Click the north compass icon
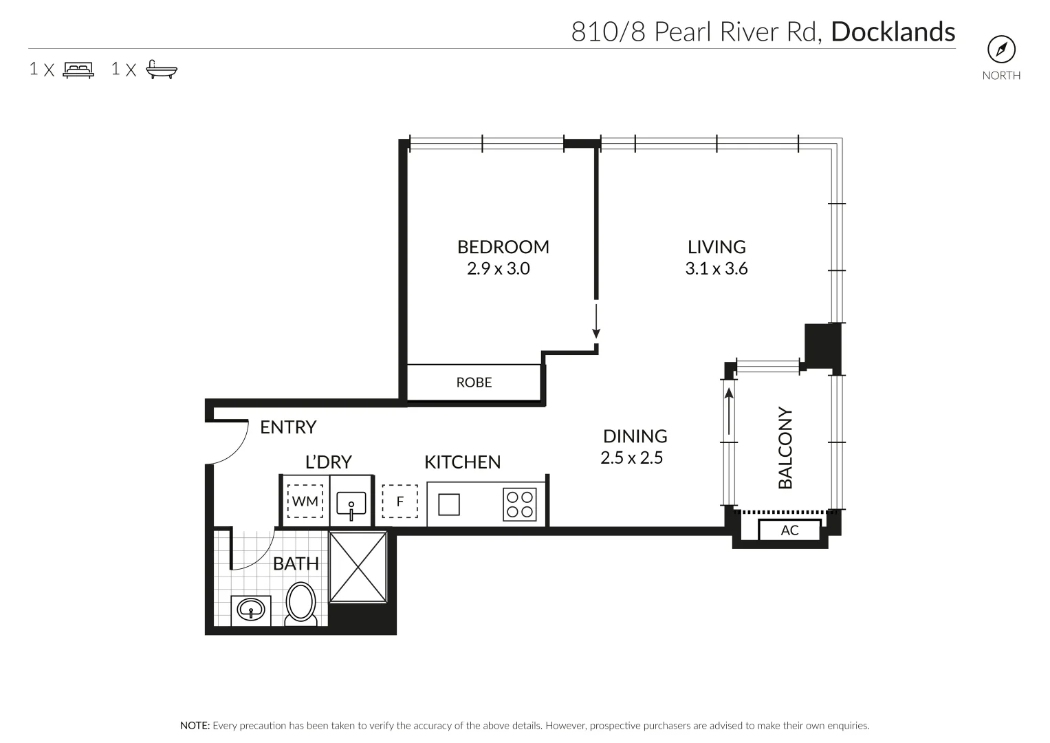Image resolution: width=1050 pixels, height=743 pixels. click(x=1001, y=50)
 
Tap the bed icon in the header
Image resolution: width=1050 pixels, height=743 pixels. click(x=78, y=69)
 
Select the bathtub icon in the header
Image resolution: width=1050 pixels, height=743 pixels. click(x=162, y=69)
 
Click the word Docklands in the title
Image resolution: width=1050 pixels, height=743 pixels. click(x=893, y=32)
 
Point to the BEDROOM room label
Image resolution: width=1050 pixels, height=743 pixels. click(x=503, y=246)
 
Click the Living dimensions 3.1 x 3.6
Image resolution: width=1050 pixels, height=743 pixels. click(x=716, y=268)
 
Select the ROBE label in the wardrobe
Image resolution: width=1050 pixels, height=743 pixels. click(x=474, y=382)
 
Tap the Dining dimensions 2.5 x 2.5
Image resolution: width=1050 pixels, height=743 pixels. click(x=631, y=457)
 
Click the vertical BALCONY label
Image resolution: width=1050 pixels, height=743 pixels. click(x=785, y=449)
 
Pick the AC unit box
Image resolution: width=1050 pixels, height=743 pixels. click(x=789, y=530)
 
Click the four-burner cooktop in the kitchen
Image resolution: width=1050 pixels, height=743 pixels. click(x=520, y=504)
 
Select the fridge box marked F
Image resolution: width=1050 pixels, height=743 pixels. click(x=400, y=501)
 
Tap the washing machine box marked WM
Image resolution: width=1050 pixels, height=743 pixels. click(x=305, y=501)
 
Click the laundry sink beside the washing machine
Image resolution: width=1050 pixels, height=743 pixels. click(x=350, y=506)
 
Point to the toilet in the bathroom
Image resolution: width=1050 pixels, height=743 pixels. click(x=300, y=604)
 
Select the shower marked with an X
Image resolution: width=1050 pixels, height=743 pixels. click(x=358, y=567)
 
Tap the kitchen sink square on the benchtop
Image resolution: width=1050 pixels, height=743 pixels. click(x=449, y=505)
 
